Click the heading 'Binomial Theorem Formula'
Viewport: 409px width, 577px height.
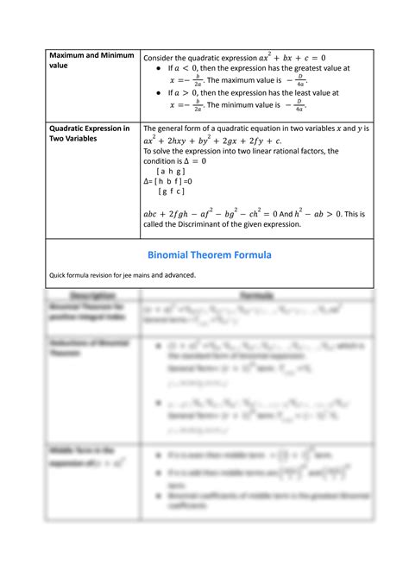coord(210,255)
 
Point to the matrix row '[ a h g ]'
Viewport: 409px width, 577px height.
coord(172,171)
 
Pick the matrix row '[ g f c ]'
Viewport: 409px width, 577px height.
coord(173,191)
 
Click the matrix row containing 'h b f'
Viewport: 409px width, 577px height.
coord(172,181)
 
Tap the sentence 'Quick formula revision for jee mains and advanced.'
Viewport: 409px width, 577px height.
coord(123,275)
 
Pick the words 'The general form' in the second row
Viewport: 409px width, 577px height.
coord(173,129)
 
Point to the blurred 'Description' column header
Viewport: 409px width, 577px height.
coord(91,295)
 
